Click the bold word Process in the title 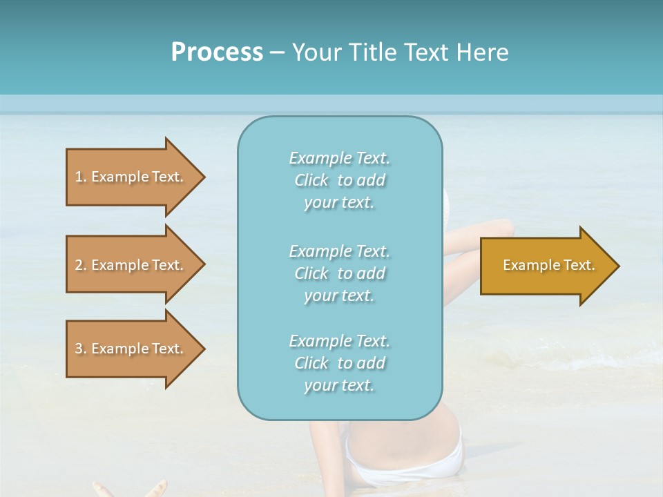[217, 52]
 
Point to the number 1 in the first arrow [79, 177]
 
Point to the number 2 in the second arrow [79, 265]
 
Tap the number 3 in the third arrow [79, 349]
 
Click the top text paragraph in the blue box [339, 180]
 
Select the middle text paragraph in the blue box [339, 273]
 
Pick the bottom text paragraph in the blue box [339, 363]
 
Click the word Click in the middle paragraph [311, 273]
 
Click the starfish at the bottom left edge [131, 489]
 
